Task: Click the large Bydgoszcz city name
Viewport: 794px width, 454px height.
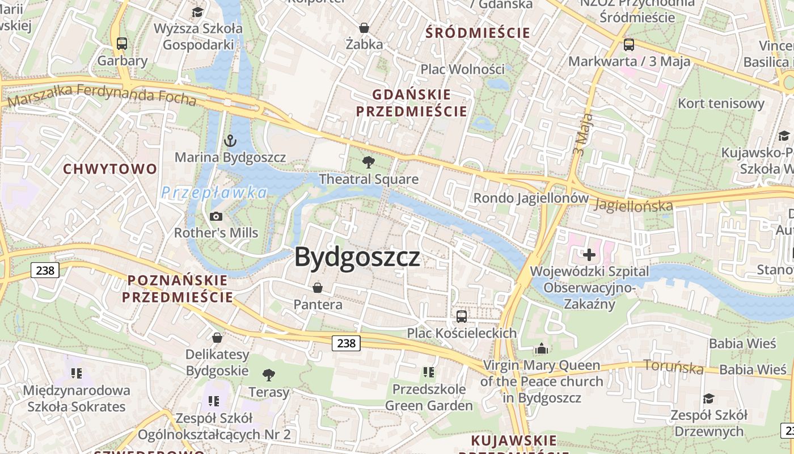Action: (x=357, y=257)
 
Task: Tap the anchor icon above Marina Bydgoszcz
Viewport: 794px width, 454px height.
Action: (x=230, y=140)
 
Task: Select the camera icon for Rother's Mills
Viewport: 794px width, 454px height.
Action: (x=216, y=216)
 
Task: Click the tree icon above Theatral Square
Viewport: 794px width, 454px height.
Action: (x=369, y=162)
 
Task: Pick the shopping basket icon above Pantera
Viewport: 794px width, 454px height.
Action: (x=318, y=288)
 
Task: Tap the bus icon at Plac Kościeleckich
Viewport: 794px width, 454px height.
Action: (x=462, y=316)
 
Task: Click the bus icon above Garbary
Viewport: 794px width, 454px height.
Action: (x=122, y=43)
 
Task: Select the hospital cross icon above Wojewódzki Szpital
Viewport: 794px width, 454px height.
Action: (x=589, y=254)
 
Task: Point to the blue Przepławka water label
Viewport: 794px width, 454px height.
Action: (x=213, y=193)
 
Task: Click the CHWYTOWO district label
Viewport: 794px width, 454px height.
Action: (x=110, y=169)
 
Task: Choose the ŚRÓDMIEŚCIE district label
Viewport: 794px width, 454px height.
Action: (x=478, y=33)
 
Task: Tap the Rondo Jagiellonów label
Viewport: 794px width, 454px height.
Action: (x=531, y=198)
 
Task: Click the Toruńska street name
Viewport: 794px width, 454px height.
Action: (x=673, y=367)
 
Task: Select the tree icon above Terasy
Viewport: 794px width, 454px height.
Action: (x=269, y=375)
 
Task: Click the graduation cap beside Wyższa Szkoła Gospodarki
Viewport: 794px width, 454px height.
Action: (x=197, y=12)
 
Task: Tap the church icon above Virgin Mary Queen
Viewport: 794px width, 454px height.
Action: (x=542, y=348)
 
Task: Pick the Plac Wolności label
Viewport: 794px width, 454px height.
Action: (x=462, y=69)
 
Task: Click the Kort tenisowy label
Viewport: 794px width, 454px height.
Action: (x=721, y=103)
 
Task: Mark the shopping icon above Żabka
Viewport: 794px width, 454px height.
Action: (x=364, y=27)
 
